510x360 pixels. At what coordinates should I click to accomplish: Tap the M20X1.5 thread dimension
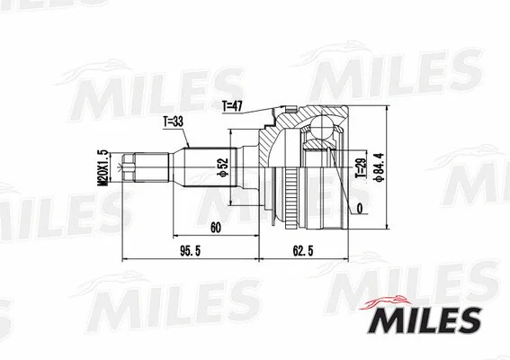click(x=102, y=167)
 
